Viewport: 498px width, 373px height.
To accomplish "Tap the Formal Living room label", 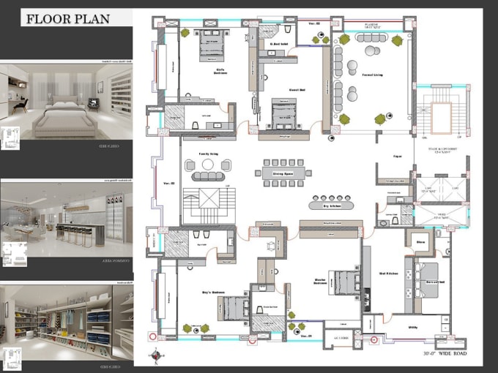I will click(373, 75).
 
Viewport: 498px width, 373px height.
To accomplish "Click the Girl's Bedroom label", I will click(214, 72).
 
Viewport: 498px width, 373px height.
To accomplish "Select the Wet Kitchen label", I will click(388, 274).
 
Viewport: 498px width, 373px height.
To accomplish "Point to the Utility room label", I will click(414, 328).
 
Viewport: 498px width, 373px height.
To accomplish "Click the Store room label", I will click(421, 241).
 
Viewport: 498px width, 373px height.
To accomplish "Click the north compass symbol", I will click(156, 357).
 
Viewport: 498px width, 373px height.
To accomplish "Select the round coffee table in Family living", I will click(208, 165).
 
